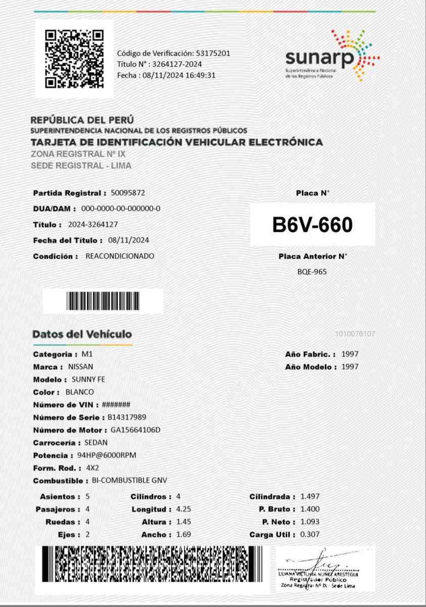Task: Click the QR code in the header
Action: pyautogui.click(x=74, y=59)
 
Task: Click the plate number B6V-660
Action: pyautogui.click(x=312, y=225)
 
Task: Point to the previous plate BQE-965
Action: pyautogui.click(x=312, y=272)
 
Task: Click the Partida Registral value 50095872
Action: pyautogui.click(x=128, y=193)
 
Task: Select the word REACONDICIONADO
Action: pyautogui.click(x=120, y=256)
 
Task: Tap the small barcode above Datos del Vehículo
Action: pyautogui.click(x=103, y=301)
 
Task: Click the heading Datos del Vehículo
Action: pyautogui.click(x=82, y=334)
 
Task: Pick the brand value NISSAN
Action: pyautogui.click(x=80, y=367)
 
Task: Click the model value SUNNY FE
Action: pyautogui.click(x=88, y=379)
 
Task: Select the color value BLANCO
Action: pyautogui.click(x=80, y=392)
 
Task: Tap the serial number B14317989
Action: pyautogui.click(x=127, y=417)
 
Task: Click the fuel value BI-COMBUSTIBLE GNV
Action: pyautogui.click(x=129, y=481)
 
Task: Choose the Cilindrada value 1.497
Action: pyautogui.click(x=310, y=497)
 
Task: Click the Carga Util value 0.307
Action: pyautogui.click(x=310, y=535)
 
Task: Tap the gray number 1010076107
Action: pyautogui.click(x=355, y=334)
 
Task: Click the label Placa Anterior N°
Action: pyautogui.click(x=313, y=256)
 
